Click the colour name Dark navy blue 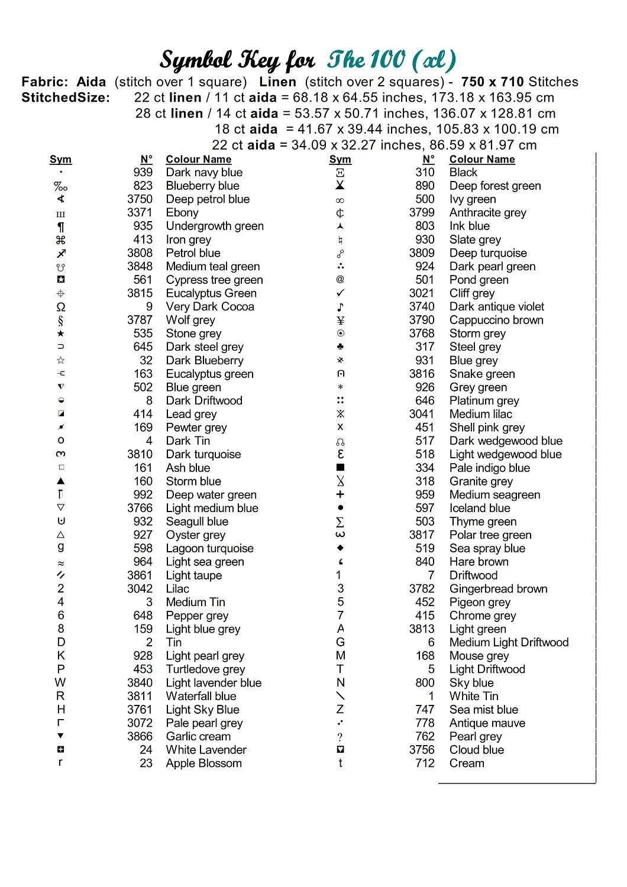(204, 173)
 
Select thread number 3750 (140, 199)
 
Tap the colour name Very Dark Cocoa (210, 307)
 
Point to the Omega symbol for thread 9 (61, 307)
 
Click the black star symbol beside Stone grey (61, 334)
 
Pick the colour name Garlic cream (198, 737)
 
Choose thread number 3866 (140, 737)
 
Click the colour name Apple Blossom (203, 763)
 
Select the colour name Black (463, 173)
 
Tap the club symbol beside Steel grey (340, 347)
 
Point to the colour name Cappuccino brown (496, 321)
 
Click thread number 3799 (422, 213)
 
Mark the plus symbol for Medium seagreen (340, 494)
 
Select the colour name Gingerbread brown (498, 589)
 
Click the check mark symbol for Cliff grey (340, 293)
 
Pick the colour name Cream (467, 763)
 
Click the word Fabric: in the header (44, 82)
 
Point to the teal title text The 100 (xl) (392, 60)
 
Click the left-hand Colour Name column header (198, 160)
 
